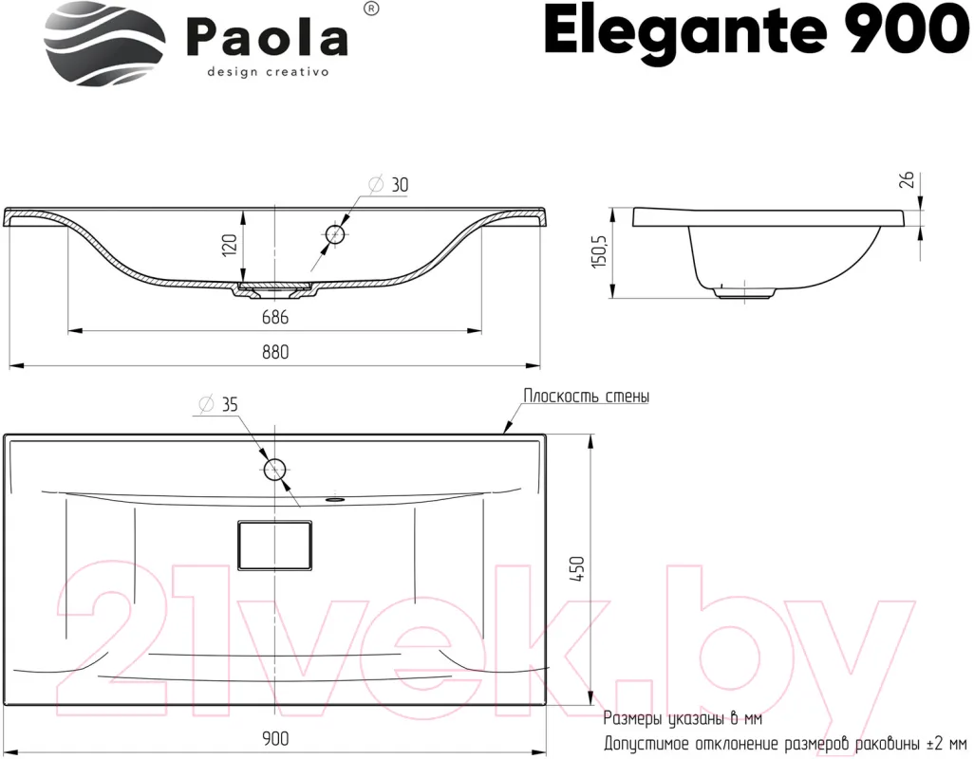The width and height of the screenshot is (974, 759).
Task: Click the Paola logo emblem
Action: click(104, 44)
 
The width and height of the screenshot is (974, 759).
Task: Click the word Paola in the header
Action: click(267, 40)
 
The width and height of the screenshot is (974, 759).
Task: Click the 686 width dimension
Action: click(274, 317)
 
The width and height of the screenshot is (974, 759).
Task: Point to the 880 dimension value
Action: click(274, 352)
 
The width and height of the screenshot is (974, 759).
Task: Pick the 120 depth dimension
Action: click(229, 245)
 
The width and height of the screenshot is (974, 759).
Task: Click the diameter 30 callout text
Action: click(389, 184)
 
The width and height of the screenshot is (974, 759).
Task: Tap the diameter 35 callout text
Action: click(218, 404)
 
